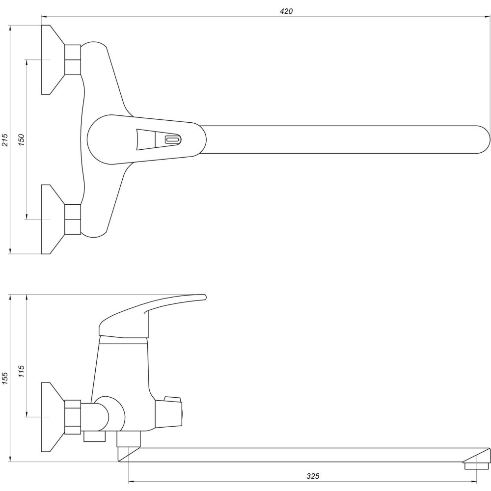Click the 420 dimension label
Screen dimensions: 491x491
286,11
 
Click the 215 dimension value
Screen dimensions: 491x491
4,140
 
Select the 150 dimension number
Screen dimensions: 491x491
21,140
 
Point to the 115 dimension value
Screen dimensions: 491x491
21,372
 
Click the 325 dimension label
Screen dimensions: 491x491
313,476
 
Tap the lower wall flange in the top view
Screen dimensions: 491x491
51,219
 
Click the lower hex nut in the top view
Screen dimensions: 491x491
73,219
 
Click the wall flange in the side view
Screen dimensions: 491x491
51,417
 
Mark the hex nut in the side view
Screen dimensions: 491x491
73,417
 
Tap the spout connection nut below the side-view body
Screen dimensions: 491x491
129,439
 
